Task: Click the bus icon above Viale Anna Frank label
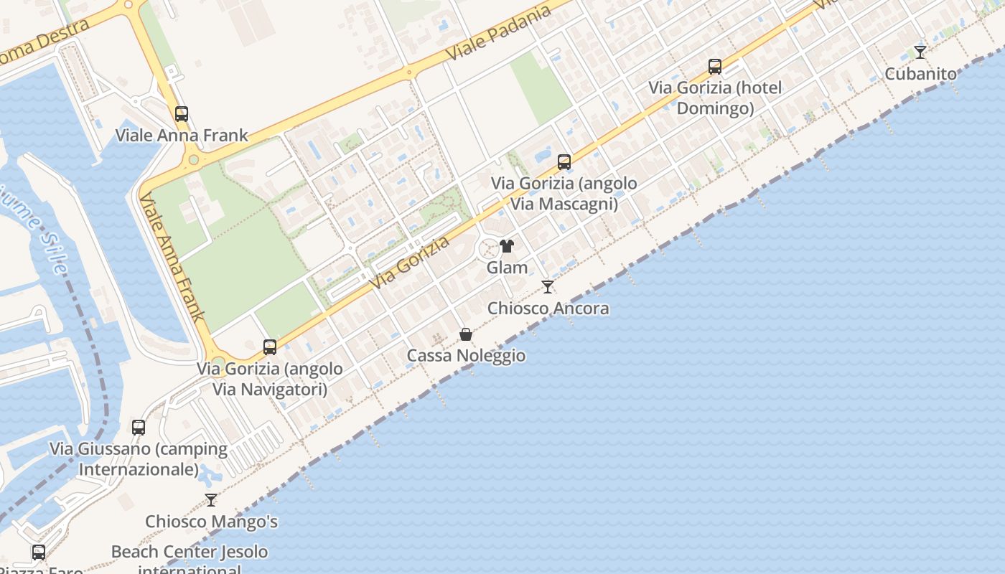[182, 113]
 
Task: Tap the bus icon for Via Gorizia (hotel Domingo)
[715, 67]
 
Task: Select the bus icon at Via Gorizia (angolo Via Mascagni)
[564, 162]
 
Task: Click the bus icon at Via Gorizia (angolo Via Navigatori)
[270, 347]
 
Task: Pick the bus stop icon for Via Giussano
[139, 428]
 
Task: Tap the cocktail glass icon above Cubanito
[920, 52]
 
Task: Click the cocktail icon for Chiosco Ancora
[548, 287]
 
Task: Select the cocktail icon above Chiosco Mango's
[211, 500]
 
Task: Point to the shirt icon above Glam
[507, 246]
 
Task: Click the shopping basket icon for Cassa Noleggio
[466, 334]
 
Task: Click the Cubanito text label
[920, 74]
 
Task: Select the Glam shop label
[507, 268]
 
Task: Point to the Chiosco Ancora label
[548, 309]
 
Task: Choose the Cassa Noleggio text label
[466, 356]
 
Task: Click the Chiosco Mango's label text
[211, 522]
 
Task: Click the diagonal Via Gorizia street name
[411, 263]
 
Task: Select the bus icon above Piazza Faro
[39, 552]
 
